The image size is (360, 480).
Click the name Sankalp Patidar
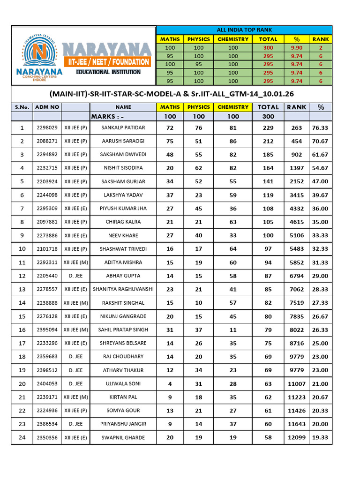(123, 127)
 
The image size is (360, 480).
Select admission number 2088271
(47, 141)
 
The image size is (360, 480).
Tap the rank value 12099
(296, 437)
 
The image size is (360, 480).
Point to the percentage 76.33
(320, 127)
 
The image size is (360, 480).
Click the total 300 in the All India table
(268, 48)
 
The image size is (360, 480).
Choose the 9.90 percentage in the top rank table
(296, 48)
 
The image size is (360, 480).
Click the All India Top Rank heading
(244, 30)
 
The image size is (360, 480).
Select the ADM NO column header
(47, 107)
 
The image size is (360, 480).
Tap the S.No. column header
(22, 107)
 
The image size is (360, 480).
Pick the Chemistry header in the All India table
(233, 39)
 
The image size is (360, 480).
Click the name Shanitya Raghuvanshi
(123, 289)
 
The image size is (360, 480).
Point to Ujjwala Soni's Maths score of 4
(170, 384)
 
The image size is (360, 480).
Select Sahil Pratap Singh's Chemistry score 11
(233, 330)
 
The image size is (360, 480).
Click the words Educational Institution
(108, 72)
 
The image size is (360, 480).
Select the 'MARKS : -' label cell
(108, 117)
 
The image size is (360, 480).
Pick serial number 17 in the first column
(22, 343)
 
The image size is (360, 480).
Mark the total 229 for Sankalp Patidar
(268, 127)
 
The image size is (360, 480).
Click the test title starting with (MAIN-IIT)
(172, 94)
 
